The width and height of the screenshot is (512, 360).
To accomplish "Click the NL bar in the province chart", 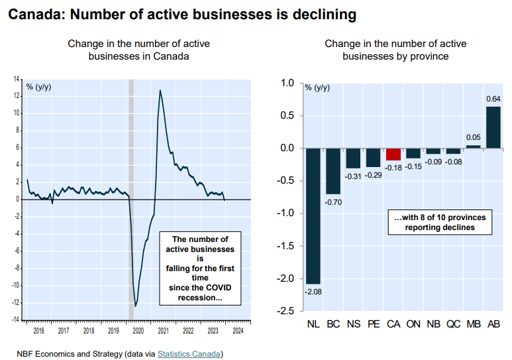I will [313, 215].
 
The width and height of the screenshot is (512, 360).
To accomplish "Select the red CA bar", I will [393, 154].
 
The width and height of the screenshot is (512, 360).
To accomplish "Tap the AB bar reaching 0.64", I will [493, 127].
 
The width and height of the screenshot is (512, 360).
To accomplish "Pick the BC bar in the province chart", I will [333, 170].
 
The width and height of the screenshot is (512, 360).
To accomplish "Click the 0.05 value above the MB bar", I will [473, 137].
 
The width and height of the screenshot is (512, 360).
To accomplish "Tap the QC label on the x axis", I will [453, 325].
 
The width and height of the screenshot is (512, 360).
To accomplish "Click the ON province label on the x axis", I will [413, 325].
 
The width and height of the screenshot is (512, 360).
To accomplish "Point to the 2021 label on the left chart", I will [163, 330].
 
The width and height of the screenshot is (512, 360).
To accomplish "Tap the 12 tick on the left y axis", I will [17, 95].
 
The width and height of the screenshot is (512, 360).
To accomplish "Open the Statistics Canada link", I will [189, 353].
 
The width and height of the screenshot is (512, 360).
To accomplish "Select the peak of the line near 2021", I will [160, 90].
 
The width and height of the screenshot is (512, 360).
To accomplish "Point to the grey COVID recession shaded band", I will [130, 199].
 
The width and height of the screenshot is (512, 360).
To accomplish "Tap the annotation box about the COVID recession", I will [199, 269].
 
